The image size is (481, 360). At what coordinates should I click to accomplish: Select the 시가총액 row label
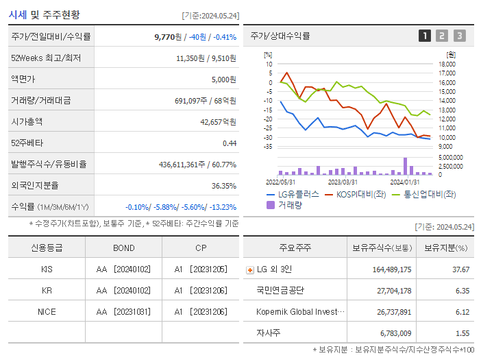(27, 121)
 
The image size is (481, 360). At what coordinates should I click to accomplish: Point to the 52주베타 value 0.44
(229, 143)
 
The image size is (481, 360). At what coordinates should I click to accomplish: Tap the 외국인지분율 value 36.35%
(224, 185)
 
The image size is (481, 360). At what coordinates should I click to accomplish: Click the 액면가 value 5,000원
(223, 80)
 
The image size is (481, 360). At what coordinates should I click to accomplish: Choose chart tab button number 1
(425, 36)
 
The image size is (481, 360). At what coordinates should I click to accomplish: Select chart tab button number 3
(459, 36)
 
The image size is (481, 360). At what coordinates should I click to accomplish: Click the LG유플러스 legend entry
(293, 194)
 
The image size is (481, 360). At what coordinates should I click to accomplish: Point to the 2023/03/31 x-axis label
(343, 182)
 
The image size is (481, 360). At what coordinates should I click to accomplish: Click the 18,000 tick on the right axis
(446, 64)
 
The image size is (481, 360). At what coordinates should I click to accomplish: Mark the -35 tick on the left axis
(269, 147)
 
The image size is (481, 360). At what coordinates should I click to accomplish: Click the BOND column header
(124, 248)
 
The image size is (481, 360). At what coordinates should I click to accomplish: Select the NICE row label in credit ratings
(47, 311)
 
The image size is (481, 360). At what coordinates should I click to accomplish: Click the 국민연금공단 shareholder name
(280, 291)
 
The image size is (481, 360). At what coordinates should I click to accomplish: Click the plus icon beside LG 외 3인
(249, 270)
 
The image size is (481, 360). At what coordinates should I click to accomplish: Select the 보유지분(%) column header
(445, 248)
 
